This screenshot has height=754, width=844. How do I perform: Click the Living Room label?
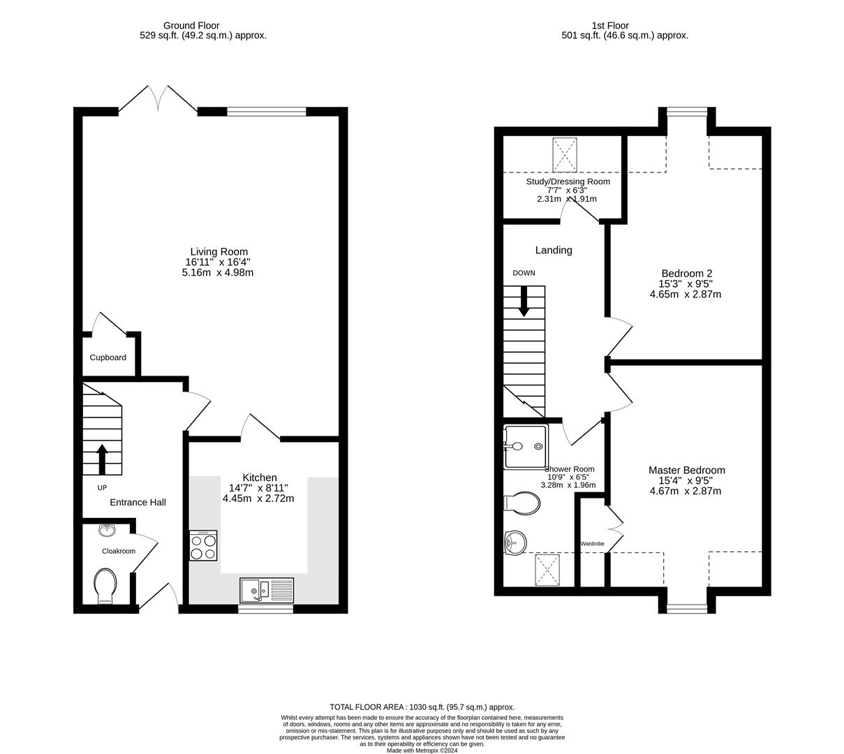point(219,251)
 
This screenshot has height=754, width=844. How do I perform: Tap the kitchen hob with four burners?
point(203,545)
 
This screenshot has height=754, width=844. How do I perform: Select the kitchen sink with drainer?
point(266,591)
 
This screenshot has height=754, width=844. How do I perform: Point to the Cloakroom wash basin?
point(108,531)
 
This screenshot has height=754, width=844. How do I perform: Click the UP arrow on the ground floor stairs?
point(102,459)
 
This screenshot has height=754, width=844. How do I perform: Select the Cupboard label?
point(108,357)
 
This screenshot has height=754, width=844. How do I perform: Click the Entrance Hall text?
point(138,502)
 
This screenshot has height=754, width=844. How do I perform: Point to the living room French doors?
point(158,99)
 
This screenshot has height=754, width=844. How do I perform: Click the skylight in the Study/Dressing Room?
point(565,154)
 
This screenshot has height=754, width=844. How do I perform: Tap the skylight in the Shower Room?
point(549,570)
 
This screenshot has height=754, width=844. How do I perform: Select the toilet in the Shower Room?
point(522,503)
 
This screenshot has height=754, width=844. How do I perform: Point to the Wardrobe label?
point(592,543)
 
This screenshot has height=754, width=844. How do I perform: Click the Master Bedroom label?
point(686,470)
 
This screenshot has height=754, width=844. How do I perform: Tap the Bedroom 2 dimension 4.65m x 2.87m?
point(685,295)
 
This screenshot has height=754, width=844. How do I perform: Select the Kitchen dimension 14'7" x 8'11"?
point(258,488)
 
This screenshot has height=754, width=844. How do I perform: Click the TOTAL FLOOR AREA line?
point(422,707)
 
